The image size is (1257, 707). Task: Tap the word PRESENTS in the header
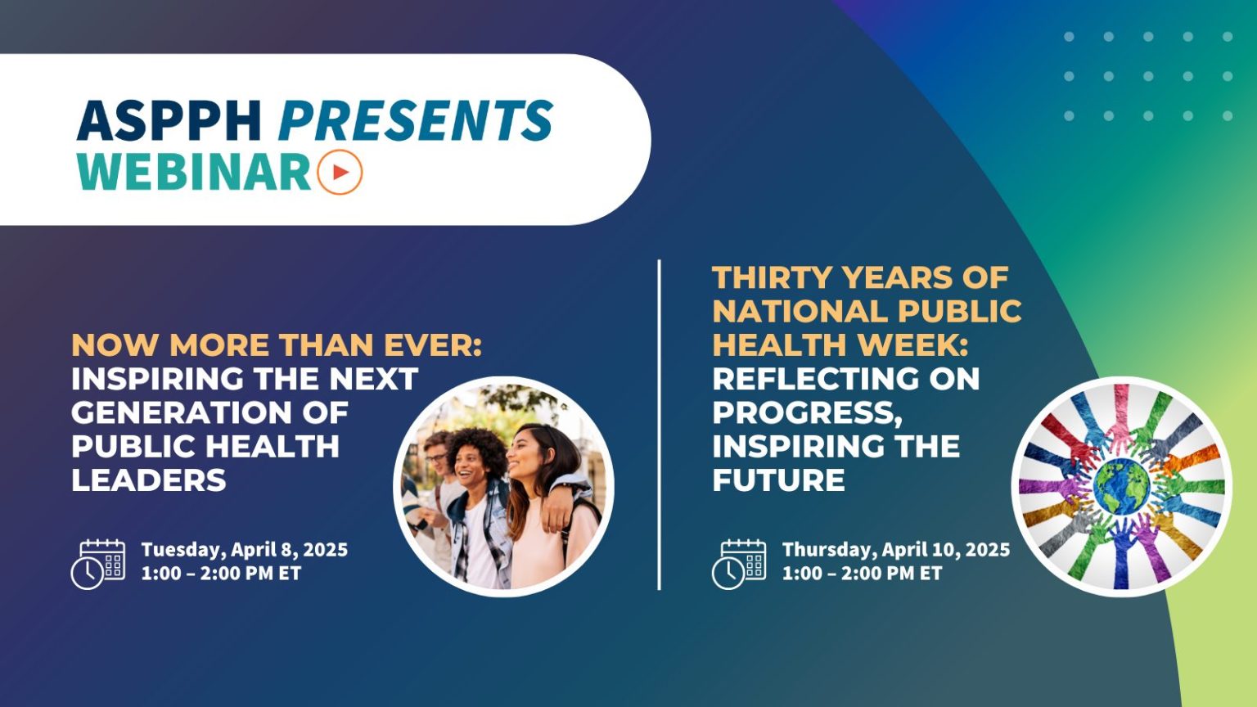tap(416, 120)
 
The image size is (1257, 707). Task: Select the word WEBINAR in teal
tap(195, 172)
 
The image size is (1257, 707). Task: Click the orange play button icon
tap(340, 172)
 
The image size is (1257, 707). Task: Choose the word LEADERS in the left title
tap(149, 480)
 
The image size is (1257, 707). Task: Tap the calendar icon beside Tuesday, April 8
tap(98, 564)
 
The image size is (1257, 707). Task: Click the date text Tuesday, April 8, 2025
tap(244, 549)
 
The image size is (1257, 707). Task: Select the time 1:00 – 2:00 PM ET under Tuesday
tap(221, 574)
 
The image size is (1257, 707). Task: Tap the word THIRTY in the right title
tap(772, 278)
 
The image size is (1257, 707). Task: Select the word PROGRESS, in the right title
tap(807, 412)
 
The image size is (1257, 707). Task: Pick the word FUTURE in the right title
tap(778, 480)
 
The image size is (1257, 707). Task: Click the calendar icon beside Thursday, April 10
tap(739, 564)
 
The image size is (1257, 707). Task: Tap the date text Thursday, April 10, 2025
tap(895, 549)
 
